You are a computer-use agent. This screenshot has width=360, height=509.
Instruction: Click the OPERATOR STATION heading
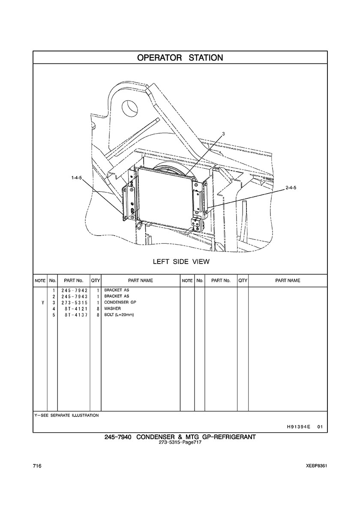(180, 58)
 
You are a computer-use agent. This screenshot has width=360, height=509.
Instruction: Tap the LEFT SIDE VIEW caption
(181, 262)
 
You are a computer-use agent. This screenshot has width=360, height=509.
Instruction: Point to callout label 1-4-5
(77, 177)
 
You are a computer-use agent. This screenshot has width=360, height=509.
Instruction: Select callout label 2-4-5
(291, 188)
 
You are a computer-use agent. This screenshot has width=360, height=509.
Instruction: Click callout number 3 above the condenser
(223, 133)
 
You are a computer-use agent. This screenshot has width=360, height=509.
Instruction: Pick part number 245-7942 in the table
(74, 290)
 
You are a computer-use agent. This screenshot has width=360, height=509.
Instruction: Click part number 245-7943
(74, 296)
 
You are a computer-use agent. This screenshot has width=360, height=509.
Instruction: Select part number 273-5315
(74, 302)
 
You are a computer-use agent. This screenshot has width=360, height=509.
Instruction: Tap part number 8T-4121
(77, 309)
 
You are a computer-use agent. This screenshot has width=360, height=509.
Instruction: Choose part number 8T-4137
(77, 315)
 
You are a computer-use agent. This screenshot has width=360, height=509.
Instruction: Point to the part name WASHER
(112, 308)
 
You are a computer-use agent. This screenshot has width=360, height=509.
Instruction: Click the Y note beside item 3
(43, 302)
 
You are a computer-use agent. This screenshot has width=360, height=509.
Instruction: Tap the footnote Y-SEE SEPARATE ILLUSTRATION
(66, 415)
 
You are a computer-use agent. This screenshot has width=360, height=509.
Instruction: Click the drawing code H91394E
(296, 427)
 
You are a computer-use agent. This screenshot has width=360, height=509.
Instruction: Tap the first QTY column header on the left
(96, 281)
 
